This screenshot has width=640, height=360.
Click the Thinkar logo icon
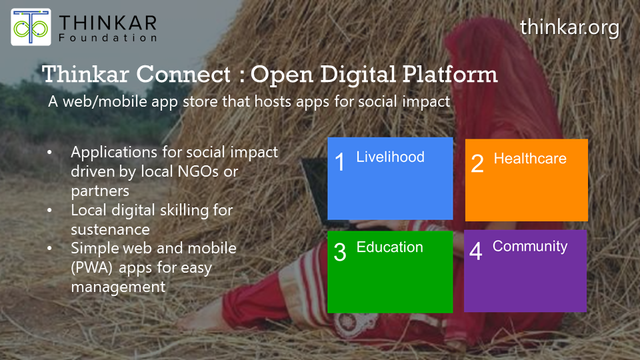pos(31,27)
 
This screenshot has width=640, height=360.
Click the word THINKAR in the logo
pos(108,22)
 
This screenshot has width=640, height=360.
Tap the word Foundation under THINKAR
pos(108,38)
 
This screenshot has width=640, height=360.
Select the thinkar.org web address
pos(569,27)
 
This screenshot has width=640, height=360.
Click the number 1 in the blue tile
pos(340,162)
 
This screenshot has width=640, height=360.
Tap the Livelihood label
pos(390,157)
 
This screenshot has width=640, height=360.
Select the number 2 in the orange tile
pos(477,164)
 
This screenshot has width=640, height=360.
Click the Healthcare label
pos(530,159)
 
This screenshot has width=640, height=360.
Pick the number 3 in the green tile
pos(340,253)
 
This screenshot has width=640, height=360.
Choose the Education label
pos(389,247)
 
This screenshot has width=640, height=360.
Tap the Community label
pos(530,247)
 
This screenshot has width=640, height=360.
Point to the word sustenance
pos(110,229)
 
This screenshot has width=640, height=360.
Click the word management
pos(118,287)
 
